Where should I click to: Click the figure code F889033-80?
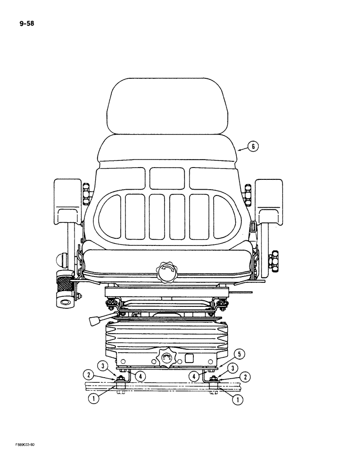coord(22,457)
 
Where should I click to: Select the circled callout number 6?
coord(253,147)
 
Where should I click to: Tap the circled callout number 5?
coord(240,354)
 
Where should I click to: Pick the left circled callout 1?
coord(96,398)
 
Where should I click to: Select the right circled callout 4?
coord(194,376)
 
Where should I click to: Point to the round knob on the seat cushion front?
coord(167,273)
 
